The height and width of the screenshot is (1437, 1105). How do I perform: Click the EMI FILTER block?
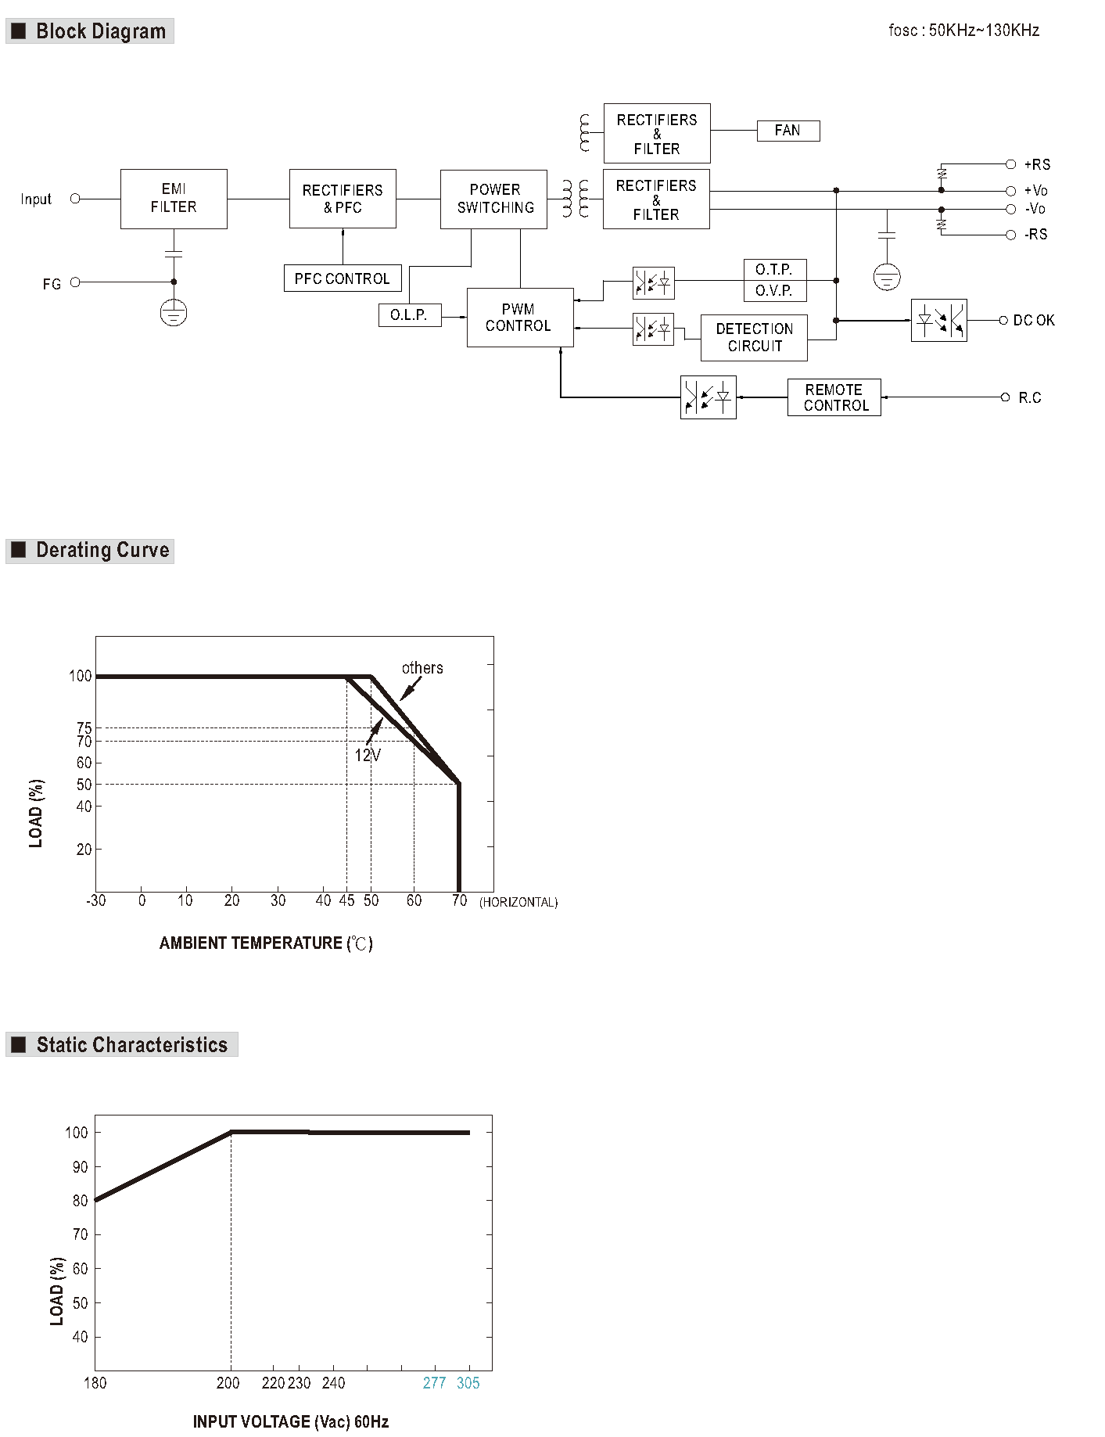[174, 199]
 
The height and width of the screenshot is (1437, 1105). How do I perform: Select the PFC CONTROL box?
[343, 278]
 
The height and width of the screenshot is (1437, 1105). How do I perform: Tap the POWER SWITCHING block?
[493, 199]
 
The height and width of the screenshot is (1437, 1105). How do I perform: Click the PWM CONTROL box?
[520, 318]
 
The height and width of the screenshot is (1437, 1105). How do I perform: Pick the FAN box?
[788, 131]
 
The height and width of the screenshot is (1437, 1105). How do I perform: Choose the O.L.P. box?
[410, 315]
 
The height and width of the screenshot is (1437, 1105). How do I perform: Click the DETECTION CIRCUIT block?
[754, 338]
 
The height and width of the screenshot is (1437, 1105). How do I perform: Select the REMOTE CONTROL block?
[834, 397]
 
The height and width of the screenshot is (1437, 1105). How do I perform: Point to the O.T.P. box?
[775, 270]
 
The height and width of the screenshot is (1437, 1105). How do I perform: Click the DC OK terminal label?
[1034, 321]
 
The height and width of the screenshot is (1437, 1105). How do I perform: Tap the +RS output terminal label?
[1038, 164]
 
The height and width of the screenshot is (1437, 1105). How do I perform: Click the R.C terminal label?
[1030, 398]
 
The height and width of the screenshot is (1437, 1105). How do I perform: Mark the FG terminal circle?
[75, 282]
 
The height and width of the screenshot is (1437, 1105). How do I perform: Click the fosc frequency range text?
[964, 31]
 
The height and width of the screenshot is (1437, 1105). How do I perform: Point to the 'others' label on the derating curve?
[422, 668]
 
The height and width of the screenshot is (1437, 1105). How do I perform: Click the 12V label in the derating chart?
[368, 755]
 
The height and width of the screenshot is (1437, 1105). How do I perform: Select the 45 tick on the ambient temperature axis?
[346, 900]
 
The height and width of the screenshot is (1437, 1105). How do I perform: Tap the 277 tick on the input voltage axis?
[434, 1383]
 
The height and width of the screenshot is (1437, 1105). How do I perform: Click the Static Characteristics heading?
[132, 1045]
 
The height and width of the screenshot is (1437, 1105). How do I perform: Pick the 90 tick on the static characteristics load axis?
[80, 1167]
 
